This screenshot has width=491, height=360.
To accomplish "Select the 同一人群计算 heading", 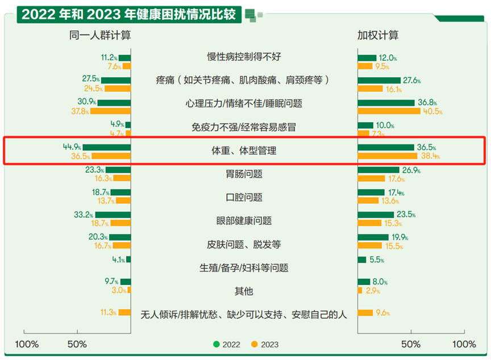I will pyautogui.click(x=100, y=36).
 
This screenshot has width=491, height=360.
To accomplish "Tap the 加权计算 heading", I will pyautogui.click(x=378, y=36).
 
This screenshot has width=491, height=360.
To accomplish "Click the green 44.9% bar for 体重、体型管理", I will pyautogui.click(x=107, y=147).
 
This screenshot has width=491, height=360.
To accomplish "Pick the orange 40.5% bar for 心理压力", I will pyautogui.click(x=389, y=111).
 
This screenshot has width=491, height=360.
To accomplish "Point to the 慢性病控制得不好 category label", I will pyautogui.click(x=244, y=56).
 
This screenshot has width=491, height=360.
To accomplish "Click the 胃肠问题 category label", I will pyautogui.click(x=244, y=173).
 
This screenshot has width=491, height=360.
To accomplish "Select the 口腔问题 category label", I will pyautogui.click(x=244, y=197).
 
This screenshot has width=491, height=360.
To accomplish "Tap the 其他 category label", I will pyautogui.click(x=244, y=291).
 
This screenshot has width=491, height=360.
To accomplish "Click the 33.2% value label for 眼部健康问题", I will pyautogui.click(x=83, y=214).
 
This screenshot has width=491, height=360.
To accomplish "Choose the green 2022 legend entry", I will pyautogui.click(x=228, y=345).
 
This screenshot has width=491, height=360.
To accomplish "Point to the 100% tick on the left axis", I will pyautogui.click(x=27, y=345).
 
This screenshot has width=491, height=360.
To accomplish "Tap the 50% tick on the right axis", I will pyautogui.click(x=411, y=345).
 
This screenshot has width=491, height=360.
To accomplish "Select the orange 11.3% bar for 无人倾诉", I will pyautogui.click(x=124, y=312).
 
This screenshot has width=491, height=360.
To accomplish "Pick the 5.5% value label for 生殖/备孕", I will pyautogui.click(x=377, y=260).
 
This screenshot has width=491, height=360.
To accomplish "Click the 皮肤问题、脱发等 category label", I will pyautogui.click(x=244, y=245).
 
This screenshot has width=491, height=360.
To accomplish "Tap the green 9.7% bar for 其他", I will pyautogui.click(x=126, y=282).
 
